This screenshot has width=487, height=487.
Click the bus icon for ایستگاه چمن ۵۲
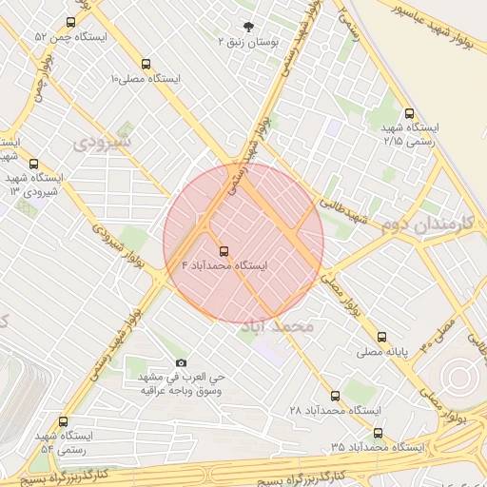71,22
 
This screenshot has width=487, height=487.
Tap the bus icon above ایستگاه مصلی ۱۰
145,63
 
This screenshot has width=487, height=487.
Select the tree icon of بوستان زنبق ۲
248,28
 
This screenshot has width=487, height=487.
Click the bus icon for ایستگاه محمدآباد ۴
224,252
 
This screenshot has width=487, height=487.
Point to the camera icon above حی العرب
182,362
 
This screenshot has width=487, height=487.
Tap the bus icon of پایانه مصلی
381,337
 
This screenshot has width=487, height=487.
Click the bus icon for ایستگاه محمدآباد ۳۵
378,433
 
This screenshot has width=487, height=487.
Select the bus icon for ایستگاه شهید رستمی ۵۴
64,421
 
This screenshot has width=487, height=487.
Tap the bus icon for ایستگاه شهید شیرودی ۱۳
34,164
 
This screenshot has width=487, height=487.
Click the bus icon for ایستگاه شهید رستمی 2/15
409,112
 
